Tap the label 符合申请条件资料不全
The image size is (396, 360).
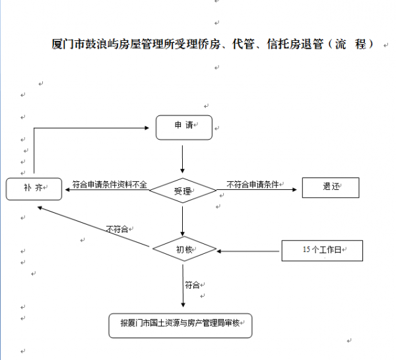tap(110, 185)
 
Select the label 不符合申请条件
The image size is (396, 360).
tap(253, 185)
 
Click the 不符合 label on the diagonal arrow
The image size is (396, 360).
tap(117, 229)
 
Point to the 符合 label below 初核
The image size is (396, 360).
tap(192, 285)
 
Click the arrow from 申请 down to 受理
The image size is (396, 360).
tap(182, 159)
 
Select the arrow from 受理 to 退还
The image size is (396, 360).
tap(257, 189)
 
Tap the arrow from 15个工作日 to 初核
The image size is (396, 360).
tap(248, 251)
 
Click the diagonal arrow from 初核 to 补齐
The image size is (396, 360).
tap(94, 227)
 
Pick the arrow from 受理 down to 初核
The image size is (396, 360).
tap(183, 222)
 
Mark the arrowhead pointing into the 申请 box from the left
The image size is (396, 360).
tap(147, 128)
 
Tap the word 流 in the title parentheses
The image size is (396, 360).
tap(340, 44)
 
